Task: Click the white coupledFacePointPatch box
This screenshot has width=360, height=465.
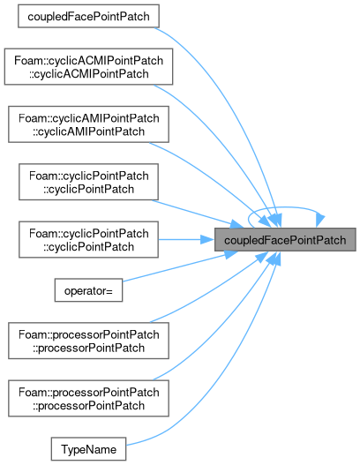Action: point(88,16)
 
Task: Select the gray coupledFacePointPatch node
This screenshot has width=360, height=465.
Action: point(285,240)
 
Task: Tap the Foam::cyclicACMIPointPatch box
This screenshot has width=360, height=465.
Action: point(88,67)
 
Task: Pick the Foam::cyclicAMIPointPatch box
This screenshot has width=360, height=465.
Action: point(88,124)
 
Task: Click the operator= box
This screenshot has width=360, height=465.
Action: point(88,290)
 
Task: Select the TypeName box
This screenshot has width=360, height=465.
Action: point(88,449)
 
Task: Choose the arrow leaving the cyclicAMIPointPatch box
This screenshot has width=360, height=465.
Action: point(214,180)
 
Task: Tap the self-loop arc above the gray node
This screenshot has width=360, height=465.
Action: point(285,207)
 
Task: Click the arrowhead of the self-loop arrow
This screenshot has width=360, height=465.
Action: point(320,221)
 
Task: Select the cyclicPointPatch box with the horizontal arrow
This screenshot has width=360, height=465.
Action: point(88,240)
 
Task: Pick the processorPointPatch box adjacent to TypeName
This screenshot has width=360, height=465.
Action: point(88,398)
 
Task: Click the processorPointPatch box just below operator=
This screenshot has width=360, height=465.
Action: point(88,341)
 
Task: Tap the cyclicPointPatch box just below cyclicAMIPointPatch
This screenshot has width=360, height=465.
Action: point(88,182)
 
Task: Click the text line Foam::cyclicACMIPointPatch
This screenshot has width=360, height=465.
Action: point(88,61)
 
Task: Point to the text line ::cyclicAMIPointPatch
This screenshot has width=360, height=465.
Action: point(88,131)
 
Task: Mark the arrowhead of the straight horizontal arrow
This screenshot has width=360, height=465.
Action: point(207,240)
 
